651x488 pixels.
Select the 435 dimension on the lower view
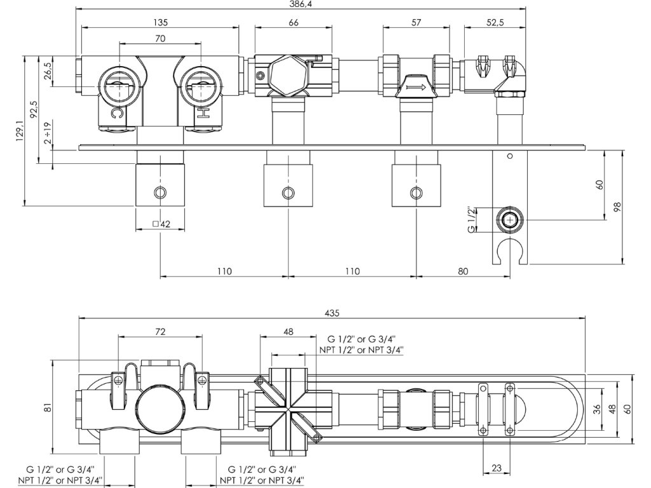tap(332, 313)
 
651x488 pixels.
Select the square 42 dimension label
tap(160, 224)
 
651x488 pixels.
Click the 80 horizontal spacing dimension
tap(462, 271)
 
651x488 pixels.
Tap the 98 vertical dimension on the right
tap(617, 208)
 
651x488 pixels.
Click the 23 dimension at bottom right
tap(497, 469)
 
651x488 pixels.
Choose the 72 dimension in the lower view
tap(160, 332)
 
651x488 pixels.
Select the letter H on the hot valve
tap(203, 114)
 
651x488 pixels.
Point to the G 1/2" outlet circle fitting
tap(509, 220)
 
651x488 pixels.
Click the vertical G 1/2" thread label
tap(472, 220)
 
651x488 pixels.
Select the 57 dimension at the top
tap(416, 23)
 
